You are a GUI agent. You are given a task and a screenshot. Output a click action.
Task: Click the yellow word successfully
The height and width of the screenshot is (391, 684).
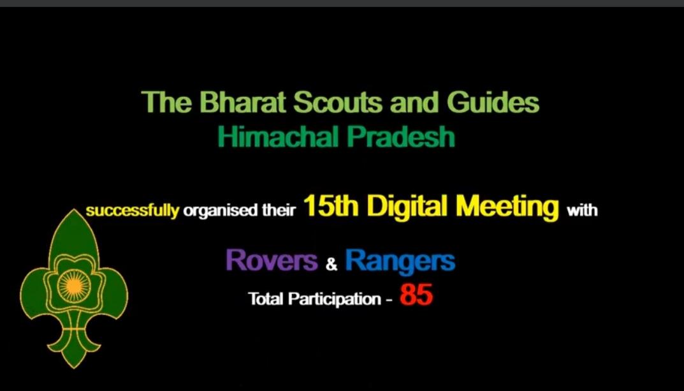(133, 210)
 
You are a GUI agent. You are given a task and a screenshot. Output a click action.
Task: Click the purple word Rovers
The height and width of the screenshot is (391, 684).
(272, 260)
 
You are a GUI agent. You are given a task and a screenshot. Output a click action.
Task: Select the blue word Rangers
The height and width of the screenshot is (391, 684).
(400, 260)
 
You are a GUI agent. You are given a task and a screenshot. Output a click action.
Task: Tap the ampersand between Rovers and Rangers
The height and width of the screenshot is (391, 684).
(331, 264)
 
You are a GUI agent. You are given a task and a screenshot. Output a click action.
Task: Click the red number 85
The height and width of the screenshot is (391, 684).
(416, 296)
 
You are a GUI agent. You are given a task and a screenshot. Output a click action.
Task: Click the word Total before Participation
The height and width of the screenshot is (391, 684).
(266, 298)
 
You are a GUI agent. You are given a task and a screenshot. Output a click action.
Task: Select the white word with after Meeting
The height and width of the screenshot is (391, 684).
(583, 210)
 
